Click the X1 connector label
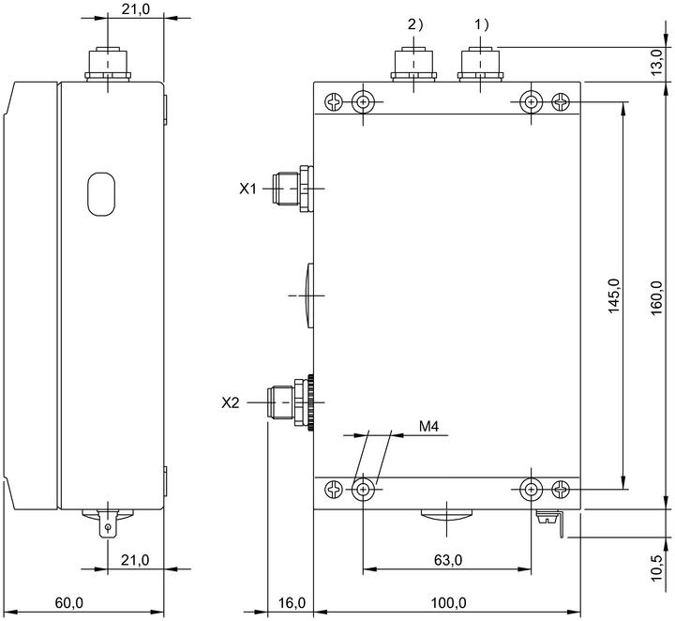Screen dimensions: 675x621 (x=247, y=189)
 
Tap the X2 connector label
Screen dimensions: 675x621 (x=230, y=402)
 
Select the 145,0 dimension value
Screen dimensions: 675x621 (x=614, y=295)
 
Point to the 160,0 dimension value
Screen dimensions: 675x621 (x=656, y=298)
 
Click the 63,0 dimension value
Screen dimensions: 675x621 (x=448, y=560)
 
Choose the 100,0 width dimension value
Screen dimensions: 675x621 (x=448, y=603)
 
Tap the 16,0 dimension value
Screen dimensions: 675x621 (x=292, y=603)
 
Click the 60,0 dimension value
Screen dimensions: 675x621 (x=68, y=603)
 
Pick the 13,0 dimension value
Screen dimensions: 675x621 (x=656, y=63)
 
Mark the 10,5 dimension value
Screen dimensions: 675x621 (x=656, y=568)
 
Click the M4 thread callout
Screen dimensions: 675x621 (x=428, y=426)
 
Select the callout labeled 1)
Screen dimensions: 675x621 (x=482, y=25)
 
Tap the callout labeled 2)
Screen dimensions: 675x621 (x=415, y=25)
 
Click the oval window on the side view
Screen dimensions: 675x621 (x=101, y=194)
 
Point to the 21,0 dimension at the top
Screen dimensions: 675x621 (x=136, y=9)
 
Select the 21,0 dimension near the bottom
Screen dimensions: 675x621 (x=135, y=560)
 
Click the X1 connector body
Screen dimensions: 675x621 (x=293, y=189)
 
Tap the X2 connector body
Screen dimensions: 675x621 (x=290, y=402)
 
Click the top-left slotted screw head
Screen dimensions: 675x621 (x=333, y=102)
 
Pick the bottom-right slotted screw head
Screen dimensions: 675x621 (x=561, y=490)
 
